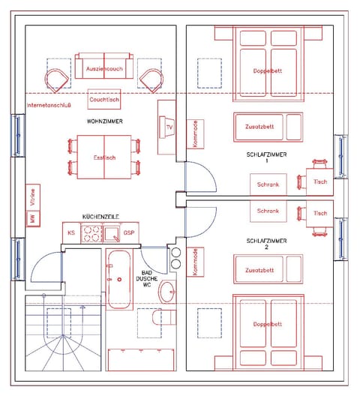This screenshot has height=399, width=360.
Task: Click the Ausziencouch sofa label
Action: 104,69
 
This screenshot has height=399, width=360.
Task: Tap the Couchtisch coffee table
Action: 104,99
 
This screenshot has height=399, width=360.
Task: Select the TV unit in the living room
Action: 168,127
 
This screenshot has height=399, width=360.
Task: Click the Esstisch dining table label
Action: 104,157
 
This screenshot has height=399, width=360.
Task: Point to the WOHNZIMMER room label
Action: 104,121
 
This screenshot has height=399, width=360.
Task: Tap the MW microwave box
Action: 32,219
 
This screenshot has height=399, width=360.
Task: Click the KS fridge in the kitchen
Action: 71,233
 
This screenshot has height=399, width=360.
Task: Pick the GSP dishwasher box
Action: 129,233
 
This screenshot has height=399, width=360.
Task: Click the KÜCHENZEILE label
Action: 101,216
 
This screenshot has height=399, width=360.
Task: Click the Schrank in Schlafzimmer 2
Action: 268,211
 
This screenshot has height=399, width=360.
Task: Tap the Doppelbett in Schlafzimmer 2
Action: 268,324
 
